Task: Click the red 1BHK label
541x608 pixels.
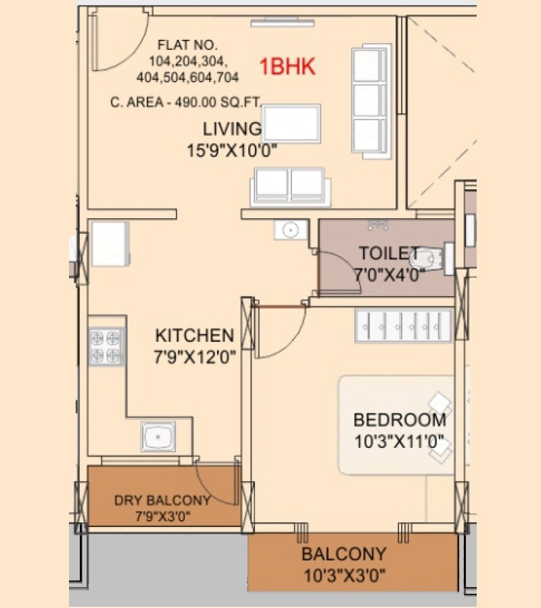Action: pos(288,67)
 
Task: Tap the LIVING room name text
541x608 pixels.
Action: pos(232,128)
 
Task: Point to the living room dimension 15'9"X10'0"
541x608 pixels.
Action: pos(233,151)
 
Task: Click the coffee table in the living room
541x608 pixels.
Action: pos(291,122)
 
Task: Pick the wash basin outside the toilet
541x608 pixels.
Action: pos(289,230)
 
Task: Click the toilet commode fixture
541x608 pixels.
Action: pos(436,258)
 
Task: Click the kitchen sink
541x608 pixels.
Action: pos(158,436)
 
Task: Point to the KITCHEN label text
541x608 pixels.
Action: pos(194,335)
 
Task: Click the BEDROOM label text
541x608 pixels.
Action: pos(400,420)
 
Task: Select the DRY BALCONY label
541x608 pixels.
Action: pos(162,501)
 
